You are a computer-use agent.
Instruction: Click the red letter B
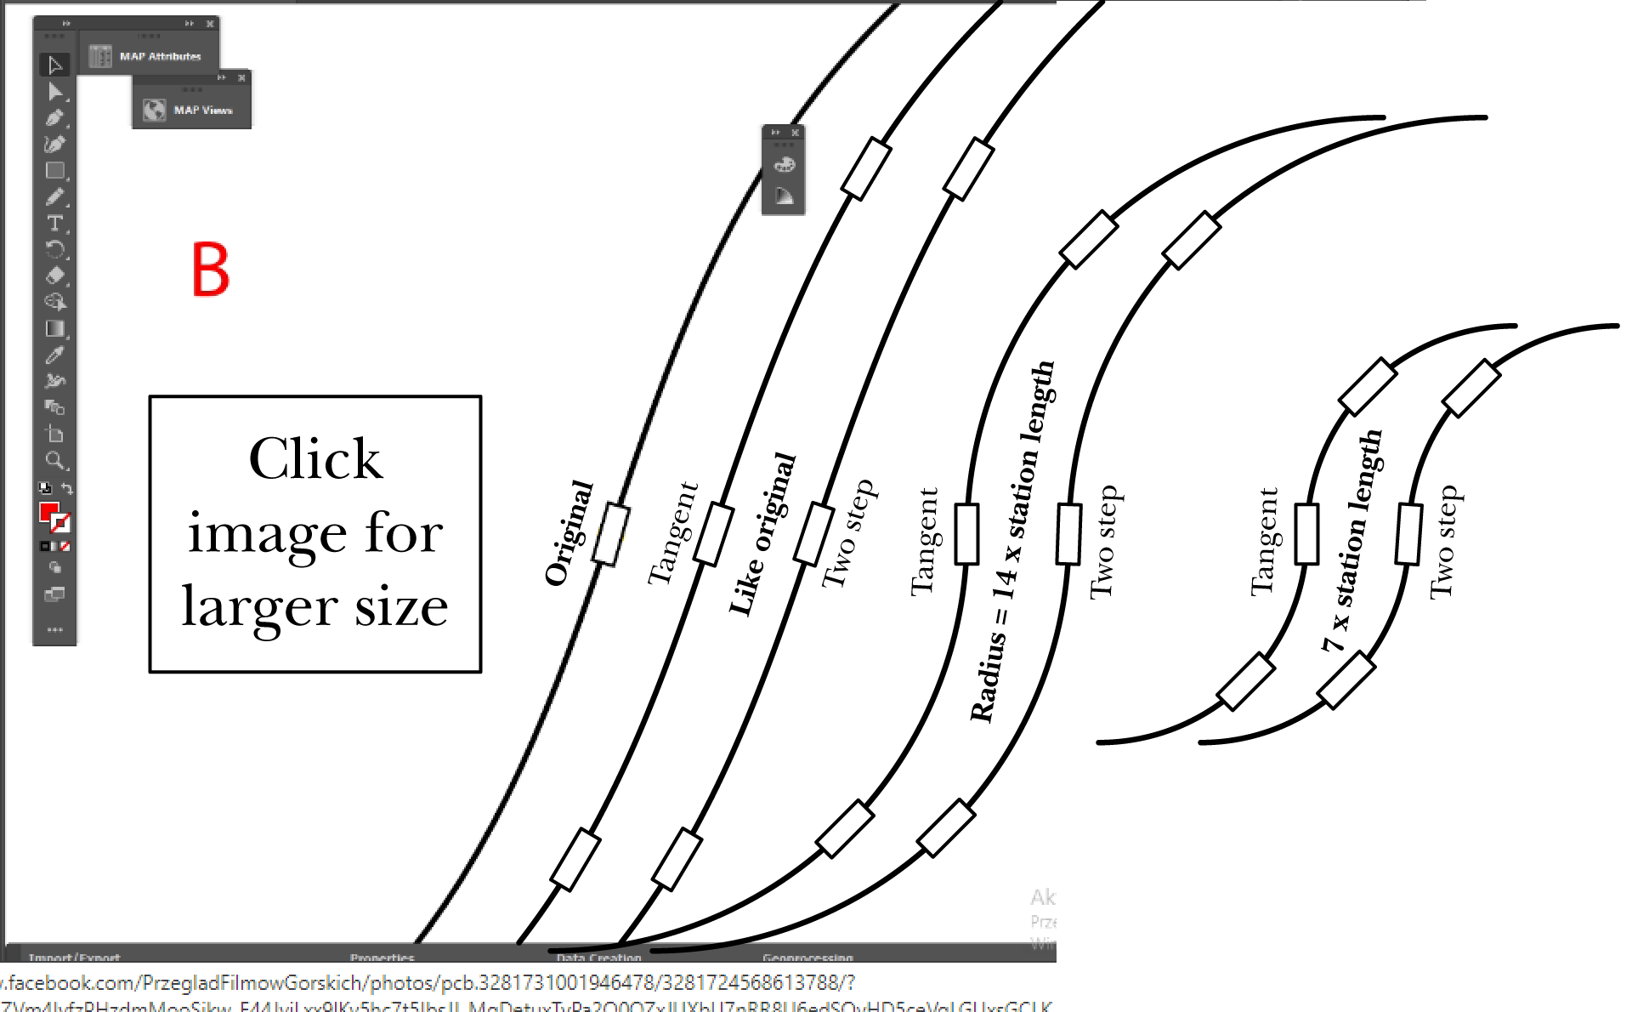tap(210, 270)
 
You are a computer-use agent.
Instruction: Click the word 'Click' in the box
tap(315, 458)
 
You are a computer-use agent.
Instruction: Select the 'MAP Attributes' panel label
tap(160, 57)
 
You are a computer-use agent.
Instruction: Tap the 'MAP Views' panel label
tap(202, 111)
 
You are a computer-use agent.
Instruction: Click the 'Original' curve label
tap(569, 533)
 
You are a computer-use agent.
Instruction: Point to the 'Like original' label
tap(762, 534)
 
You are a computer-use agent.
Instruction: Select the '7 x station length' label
tap(1351, 542)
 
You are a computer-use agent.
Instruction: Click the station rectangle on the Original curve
tap(611, 534)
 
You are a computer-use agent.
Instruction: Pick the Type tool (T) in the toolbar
tap(54, 224)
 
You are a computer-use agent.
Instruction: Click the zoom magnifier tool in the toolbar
tap(54, 461)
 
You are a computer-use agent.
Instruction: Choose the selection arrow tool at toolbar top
tap(55, 65)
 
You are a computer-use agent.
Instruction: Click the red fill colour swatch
tap(48, 512)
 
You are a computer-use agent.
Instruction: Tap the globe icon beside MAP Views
tap(154, 111)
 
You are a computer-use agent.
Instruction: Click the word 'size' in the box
tap(401, 606)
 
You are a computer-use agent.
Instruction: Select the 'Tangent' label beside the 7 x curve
tap(1264, 542)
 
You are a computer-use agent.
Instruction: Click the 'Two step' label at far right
tap(1443, 542)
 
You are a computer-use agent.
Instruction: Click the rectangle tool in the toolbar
tap(54, 171)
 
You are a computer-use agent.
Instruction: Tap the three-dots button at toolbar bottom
tap(54, 630)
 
